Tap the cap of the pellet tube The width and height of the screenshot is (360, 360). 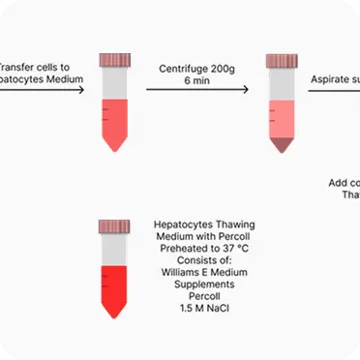point(282,62)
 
